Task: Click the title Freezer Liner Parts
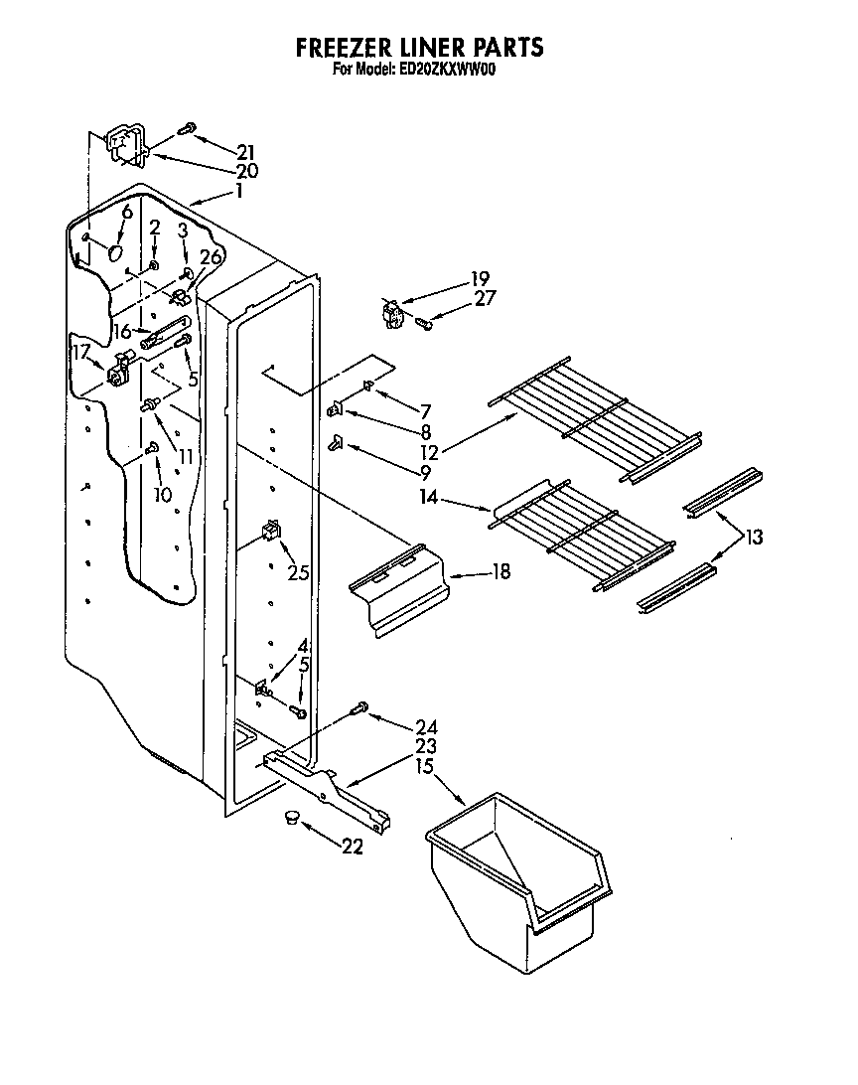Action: [x=420, y=47]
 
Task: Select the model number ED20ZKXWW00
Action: [x=439, y=70]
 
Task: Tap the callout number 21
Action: [x=246, y=152]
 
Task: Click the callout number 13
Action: [x=754, y=538]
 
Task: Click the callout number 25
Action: [x=297, y=572]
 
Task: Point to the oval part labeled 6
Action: [x=117, y=254]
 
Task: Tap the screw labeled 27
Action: [x=423, y=322]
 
